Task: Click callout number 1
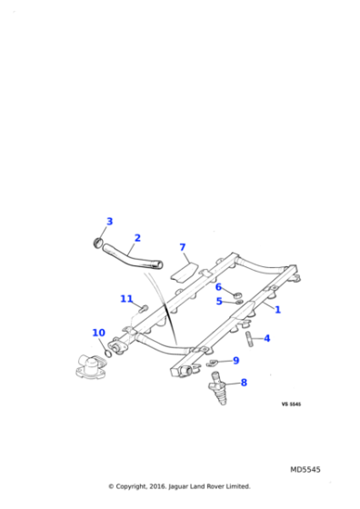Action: click(x=277, y=309)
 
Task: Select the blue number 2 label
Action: click(x=137, y=239)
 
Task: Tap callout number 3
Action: click(x=109, y=222)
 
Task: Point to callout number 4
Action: click(x=266, y=338)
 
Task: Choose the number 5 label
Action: click(x=218, y=301)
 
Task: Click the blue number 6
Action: click(x=218, y=287)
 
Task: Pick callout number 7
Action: click(x=182, y=247)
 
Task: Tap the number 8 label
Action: click(x=243, y=383)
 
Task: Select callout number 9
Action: click(x=235, y=361)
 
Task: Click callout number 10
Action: click(x=98, y=333)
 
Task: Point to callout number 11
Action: click(x=126, y=299)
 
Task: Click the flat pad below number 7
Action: click(x=183, y=265)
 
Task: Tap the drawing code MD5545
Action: click(x=305, y=470)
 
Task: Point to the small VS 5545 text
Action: click(x=291, y=404)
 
